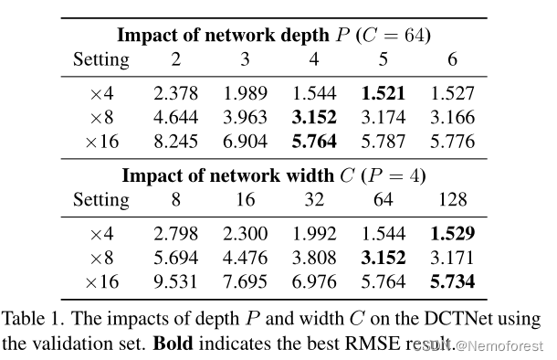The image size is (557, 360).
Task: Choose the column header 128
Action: click(x=454, y=199)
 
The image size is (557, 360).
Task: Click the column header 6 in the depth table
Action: click(x=454, y=61)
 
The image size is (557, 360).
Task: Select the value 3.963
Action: click(x=244, y=117)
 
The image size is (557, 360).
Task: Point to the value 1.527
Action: click(x=454, y=93)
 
